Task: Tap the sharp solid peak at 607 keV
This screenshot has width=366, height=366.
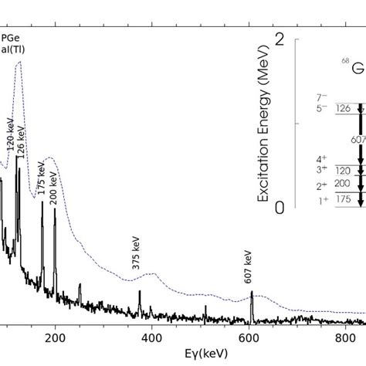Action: click(251, 293)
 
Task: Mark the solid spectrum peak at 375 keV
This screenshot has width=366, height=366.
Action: click(140, 292)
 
